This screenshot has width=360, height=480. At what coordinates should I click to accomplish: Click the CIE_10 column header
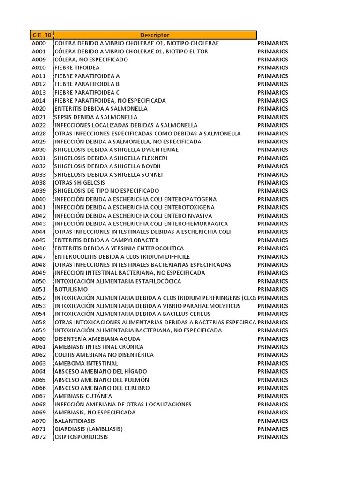click(x=42, y=35)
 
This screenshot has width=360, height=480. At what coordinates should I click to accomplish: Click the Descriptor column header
click(x=155, y=35)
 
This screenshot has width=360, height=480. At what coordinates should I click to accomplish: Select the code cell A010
click(x=39, y=68)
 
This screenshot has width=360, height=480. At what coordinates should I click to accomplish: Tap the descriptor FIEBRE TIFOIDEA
click(x=77, y=68)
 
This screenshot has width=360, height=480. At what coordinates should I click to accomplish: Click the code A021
click(x=39, y=117)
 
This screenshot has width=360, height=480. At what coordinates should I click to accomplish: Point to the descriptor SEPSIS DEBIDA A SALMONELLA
click(x=96, y=117)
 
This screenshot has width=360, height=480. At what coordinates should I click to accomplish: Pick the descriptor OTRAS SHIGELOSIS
click(x=80, y=183)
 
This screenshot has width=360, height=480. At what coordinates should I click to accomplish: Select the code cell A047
click(x=39, y=256)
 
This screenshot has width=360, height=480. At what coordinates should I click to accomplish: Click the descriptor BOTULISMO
click(x=71, y=289)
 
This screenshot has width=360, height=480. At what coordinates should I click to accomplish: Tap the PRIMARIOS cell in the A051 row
click(x=273, y=289)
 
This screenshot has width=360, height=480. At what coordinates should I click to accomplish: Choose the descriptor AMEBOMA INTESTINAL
click(x=86, y=363)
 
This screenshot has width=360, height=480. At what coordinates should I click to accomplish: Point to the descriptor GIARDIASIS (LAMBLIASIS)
click(x=89, y=429)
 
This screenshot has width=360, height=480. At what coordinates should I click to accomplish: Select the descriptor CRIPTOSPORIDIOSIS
click(x=81, y=437)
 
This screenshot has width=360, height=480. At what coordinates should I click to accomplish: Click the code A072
click(x=39, y=437)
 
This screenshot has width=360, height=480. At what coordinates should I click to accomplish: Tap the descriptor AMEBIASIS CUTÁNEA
click(x=83, y=396)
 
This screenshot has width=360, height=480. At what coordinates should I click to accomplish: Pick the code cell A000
click(x=39, y=43)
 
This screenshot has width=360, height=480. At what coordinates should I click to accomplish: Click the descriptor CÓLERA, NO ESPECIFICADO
click(x=91, y=60)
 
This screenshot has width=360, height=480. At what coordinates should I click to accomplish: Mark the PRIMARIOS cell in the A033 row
click(x=273, y=174)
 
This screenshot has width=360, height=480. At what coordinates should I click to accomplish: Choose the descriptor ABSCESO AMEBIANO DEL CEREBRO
click(x=102, y=388)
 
